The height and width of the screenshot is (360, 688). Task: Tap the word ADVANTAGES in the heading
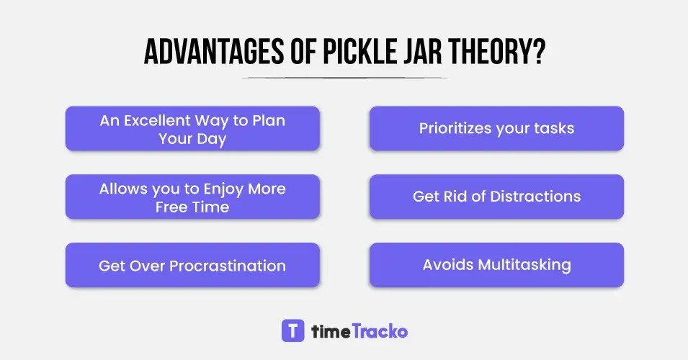tap(198, 53)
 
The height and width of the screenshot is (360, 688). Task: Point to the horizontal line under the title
tap(344, 77)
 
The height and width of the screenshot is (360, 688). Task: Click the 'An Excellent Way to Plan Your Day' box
tap(192, 129)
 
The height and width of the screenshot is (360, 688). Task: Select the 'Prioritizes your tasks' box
tap(496, 129)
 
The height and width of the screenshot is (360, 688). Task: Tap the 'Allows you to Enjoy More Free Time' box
tap(192, 197)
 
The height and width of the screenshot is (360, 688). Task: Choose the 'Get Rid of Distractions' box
tap(496, 197)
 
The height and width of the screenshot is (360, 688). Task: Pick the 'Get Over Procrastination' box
tap(192, 265)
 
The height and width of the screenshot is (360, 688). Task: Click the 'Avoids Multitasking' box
tap(496, 265)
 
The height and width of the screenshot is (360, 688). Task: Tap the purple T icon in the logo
tap(292, 330)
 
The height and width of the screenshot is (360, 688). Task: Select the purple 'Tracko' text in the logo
tap(380, 331)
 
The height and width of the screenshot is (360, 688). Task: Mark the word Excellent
tap(156, 120)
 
